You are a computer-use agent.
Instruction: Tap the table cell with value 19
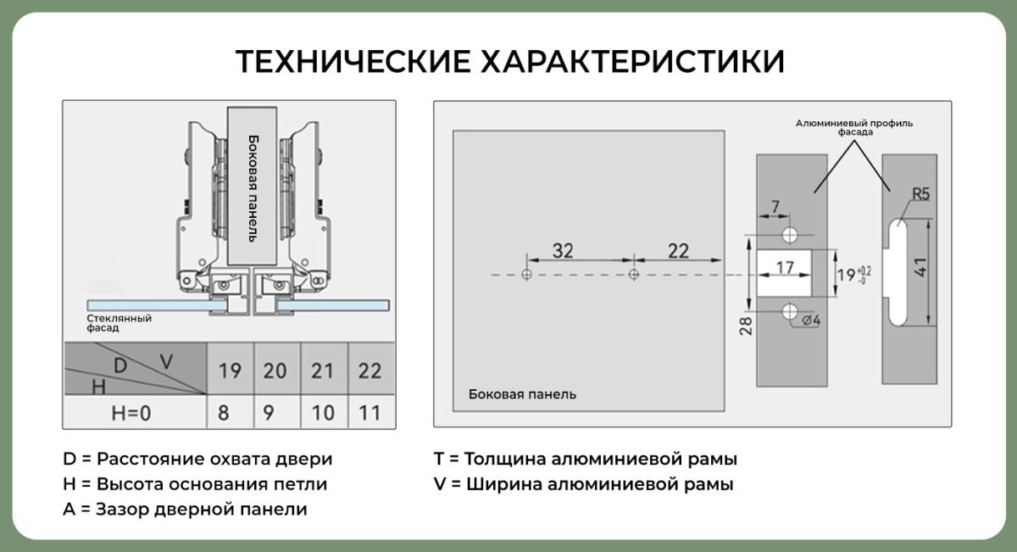pyautogui.click(x=230, y=371)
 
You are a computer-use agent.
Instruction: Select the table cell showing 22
pyautogui.click(x=370, y=371)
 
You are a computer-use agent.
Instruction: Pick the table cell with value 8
pyautogui.click(x=224, y=414)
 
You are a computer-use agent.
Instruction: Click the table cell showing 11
pyautogui.click(x=370, y=414)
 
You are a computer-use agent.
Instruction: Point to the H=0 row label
pyautogui.click(x=131, y=414)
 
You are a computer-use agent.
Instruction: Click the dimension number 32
pyautogui.click(x=563, y=251)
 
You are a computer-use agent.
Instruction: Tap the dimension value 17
pyautogui.click(x=785, y=268)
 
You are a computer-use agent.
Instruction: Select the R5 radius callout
pyautogui.click(x=920, y=195)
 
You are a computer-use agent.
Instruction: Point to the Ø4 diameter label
pyautogui.click(x=810, y=321)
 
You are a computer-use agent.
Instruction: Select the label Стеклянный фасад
pyautogui.click(x=119, y=323)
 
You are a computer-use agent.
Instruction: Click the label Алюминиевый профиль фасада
pyautogui.click(x=853, y=128)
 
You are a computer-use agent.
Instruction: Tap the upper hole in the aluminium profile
pyautogui.click(x=791, y=233)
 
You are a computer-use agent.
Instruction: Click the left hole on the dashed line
pyautogui.click(x=527, y=275)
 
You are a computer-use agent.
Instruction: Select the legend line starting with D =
pyautogui.click(x=197, y=459)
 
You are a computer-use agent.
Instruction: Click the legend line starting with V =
pyautogui.click(x=583, y=485)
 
